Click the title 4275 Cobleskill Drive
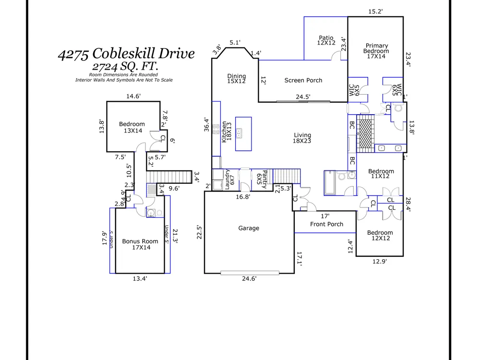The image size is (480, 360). click(126, 53)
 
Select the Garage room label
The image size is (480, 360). click(249, 228)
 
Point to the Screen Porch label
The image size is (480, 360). click(303, 80)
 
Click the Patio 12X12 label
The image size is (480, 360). click(326, 40)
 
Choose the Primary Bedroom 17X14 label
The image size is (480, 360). click(376, 51)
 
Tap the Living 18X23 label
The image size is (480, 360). click(302, 138)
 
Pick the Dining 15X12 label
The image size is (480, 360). click(236, 79)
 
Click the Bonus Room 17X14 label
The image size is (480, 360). click(140, 245)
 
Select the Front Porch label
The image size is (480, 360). click(327, 224)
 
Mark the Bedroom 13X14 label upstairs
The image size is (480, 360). click(132, 128)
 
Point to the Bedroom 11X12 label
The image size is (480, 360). click(381, 174)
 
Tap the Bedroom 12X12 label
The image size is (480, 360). click(380, 236)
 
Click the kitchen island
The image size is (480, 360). click(243, 134)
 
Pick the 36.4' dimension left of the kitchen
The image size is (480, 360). click(206, 125)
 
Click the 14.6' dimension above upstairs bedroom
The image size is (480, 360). click(133, 96)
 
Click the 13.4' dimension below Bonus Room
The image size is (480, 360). click(140, 278)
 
